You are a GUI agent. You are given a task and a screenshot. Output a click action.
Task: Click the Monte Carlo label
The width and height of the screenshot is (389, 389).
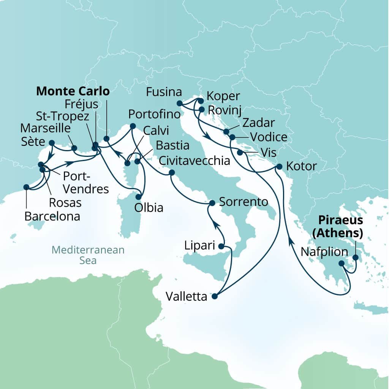73,92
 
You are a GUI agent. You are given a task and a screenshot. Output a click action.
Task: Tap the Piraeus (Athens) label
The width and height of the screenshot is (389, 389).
336,226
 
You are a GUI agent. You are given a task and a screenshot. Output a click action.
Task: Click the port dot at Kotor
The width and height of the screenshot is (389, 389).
279,166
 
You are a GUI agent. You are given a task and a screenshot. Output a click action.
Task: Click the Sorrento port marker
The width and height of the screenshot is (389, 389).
212,203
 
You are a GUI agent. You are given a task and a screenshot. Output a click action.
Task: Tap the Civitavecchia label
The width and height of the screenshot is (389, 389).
195,161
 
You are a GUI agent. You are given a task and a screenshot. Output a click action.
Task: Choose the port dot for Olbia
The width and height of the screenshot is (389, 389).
139,197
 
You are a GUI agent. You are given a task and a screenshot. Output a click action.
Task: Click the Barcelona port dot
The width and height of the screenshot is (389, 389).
26,187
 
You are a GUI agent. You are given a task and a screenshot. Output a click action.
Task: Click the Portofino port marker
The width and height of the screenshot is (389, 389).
133,126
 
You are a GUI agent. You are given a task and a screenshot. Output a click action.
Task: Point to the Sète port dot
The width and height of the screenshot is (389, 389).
52,143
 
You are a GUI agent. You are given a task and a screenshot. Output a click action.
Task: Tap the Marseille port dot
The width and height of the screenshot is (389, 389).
74,148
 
